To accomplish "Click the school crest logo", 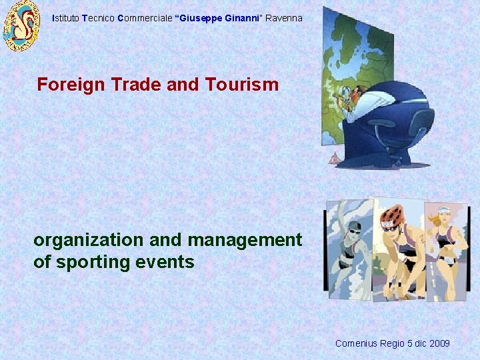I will coord(22,27).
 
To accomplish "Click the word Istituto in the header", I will coord(65,19).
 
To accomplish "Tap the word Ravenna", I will coord(284,19).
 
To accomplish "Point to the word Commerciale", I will coord(143,19).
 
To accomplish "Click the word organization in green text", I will coord(89,240).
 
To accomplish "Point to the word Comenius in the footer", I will coord(356,344).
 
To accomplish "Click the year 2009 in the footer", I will coord(439,344).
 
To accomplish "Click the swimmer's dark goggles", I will coord(355,229).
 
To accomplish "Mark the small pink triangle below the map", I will coord(334,158).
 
